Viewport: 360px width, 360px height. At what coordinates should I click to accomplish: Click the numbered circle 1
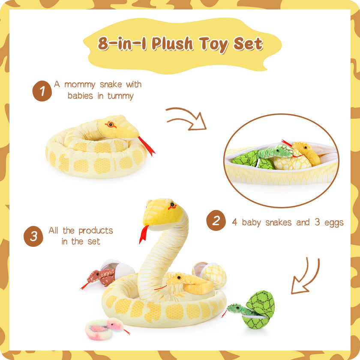coord(42,91)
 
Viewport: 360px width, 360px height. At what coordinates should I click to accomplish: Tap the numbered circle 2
coord(216,220)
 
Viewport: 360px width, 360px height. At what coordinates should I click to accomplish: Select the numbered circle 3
coord(33,236)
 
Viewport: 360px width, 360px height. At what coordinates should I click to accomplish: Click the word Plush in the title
coord(172,44)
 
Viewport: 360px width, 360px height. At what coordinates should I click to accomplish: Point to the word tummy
coord(120,96)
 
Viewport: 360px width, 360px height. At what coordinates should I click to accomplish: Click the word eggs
coord(333,223)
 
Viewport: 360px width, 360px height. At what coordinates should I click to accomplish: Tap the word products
coord(96,231)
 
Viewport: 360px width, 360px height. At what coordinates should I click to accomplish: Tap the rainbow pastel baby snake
coord(106,328)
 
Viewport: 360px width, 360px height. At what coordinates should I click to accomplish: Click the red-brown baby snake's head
coord(94,276)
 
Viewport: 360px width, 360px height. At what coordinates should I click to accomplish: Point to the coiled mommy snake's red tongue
coord(147,146)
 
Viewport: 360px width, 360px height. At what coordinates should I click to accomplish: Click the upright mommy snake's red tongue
coord(144,234)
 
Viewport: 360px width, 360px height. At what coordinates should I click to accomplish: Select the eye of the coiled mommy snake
coord(111,124)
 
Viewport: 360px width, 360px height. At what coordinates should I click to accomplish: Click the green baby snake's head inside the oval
coord(283,151)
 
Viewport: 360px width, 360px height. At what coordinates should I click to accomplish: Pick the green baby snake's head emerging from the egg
coord(235,308)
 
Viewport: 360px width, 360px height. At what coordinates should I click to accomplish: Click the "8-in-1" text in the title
coord(122,44)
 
